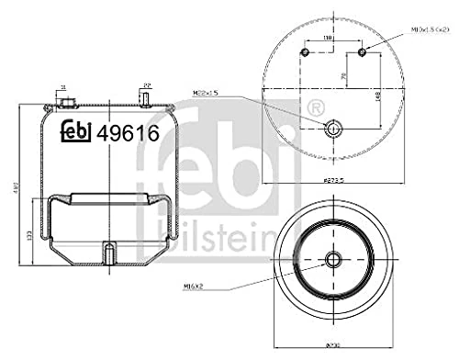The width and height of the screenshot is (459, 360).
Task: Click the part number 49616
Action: tap(129, 133)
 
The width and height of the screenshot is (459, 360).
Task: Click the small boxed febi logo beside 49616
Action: tap(77, 133)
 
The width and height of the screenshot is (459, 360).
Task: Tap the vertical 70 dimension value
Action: tap(342, 76)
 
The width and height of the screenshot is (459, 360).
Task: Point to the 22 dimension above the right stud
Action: tap(145, 87)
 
